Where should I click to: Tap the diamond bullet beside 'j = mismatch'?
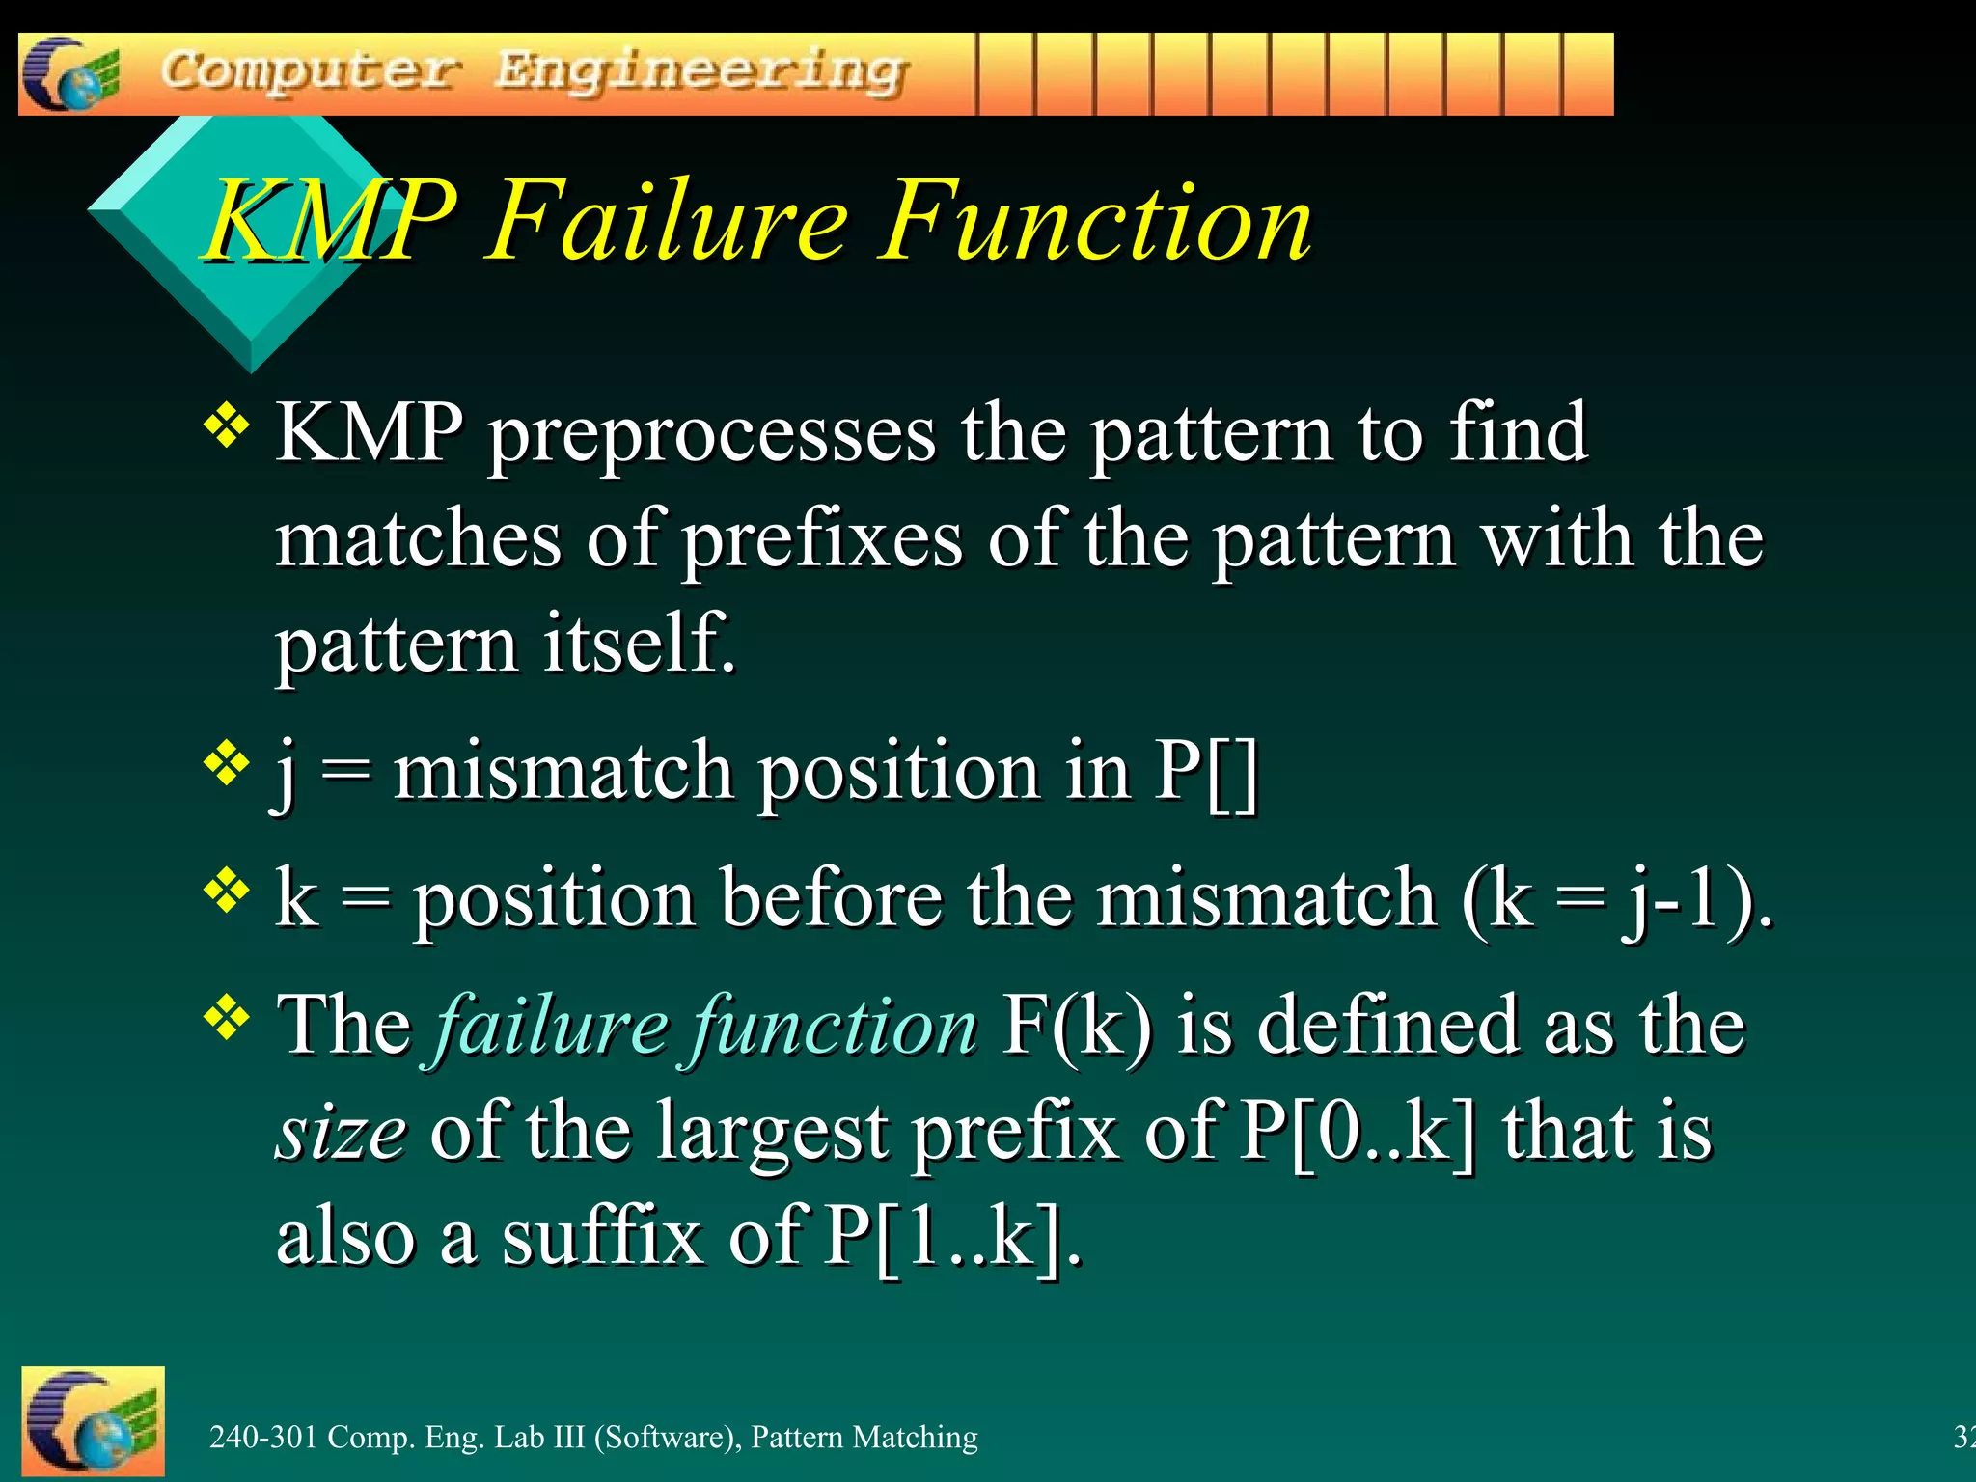pyautogui.click(x=227, y=763)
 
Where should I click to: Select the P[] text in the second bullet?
pyautogui.click(x=1207, y=772)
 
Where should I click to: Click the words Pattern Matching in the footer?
pyautogui.click(x=864, y=1437)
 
